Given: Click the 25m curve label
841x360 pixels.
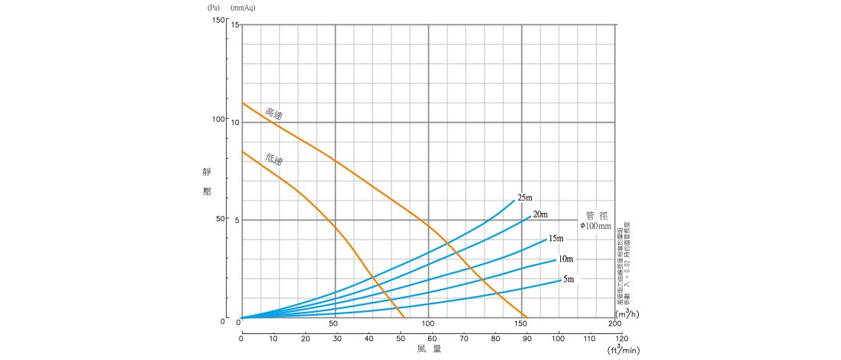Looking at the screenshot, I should coord(524,198).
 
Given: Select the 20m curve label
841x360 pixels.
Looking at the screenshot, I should coord(540,214).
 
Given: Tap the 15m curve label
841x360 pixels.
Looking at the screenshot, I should coord(556,239).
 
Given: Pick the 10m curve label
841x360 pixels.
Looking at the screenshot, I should coord(565,259).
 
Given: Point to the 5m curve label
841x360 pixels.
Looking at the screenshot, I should coord(569,280).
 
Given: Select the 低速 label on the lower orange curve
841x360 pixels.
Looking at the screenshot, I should coord(274,159).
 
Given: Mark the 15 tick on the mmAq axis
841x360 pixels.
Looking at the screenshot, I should coord(235,25).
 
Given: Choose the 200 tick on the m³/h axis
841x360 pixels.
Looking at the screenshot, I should coord(615,323).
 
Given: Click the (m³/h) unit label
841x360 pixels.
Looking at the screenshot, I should coord(627,313).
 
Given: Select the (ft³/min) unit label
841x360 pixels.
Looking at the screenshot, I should coord(623,350).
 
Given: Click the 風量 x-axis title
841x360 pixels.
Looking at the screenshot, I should coord(429,349).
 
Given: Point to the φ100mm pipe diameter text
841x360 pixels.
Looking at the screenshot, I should coord(596,227).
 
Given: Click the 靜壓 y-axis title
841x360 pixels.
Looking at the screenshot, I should coord(206,183).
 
